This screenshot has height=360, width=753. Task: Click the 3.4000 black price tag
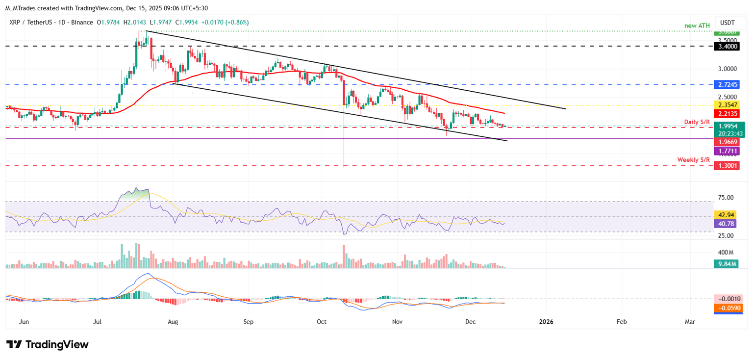(x=727, y=47)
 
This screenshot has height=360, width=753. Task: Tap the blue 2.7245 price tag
(x=727, y=84)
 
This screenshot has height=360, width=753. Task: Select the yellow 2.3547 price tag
(x=727, y=105)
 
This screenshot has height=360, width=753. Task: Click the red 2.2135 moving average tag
(x=727, y=114)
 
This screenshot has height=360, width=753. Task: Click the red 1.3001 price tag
(x=727, y=166)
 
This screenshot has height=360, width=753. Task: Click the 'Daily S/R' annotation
(x=698, y=121)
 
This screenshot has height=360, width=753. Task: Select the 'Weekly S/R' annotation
(x=694, y=160)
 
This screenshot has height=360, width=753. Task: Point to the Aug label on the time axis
(x=173, y=322)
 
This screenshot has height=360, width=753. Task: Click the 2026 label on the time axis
(x=546, y=322)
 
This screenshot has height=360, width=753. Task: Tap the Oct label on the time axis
(x=322, y=322)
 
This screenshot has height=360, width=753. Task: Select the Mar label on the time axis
(x=690, y=322)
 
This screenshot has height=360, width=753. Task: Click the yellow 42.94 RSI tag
(x=727, y=215)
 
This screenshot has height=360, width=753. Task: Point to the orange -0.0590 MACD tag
(x=727, y=308)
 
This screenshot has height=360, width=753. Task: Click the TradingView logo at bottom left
(x=48, y=344)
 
